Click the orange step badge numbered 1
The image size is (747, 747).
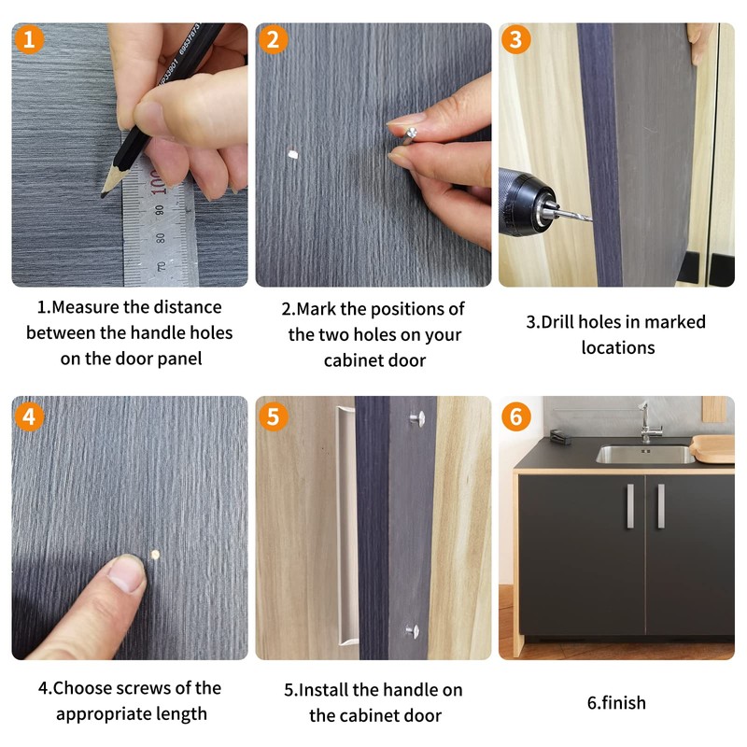tap(29, 39)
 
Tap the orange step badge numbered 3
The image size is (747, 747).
tap(516, 39)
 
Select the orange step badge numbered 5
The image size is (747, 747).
tap(273, 416)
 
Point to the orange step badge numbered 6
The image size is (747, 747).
tap(516, 416)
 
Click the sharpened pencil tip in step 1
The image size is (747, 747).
tap(104, 195)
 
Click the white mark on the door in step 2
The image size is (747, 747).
tap(293, 154)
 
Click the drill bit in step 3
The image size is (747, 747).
tap(574, 215)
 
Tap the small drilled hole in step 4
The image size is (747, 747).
tap(155, 554)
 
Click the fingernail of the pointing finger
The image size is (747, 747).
tap(126, 573)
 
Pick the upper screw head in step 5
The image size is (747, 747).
tap(417, 418)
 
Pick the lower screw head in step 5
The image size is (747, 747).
tap(413, 631)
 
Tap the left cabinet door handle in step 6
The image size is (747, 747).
tap(630, 506)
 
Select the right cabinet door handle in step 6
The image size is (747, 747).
tap(661, 506)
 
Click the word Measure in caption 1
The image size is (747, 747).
tap(85, 307)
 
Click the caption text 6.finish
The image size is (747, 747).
tap(616, 703)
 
